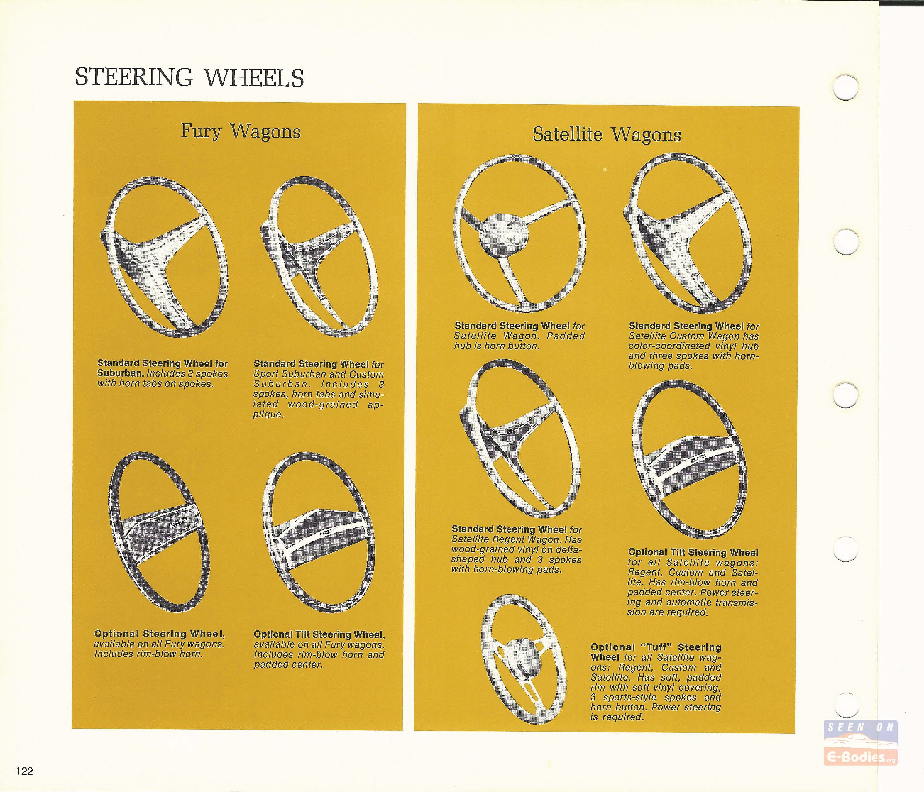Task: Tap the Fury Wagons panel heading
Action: (241, 131)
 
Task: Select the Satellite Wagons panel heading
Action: (607, 135)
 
